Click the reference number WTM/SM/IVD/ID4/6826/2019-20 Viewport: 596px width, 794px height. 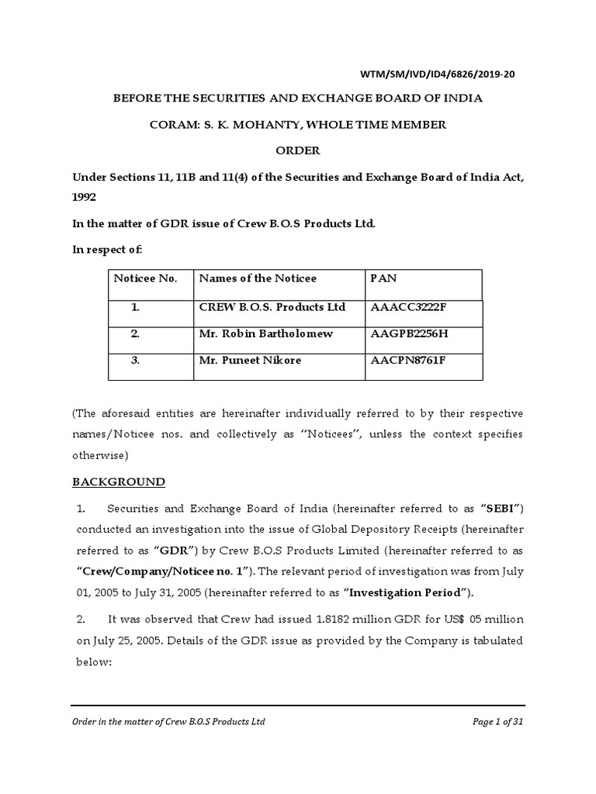(x=438, y=75)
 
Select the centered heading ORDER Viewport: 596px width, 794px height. (x=298, y=150)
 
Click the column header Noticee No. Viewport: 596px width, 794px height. (x=146, y=278)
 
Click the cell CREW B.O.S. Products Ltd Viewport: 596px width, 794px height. (x=272, y=307)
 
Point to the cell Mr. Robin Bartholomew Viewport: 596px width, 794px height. (x=264, y=333)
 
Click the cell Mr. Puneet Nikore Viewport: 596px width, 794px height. (x=248, y=360)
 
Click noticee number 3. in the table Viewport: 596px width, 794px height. (x=135, y=360)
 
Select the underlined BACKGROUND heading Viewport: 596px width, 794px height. (x=119, y=482)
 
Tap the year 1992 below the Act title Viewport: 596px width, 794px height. (x=85, y=198)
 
